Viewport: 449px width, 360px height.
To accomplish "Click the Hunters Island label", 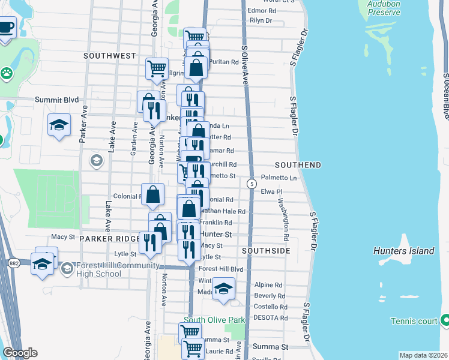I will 403,251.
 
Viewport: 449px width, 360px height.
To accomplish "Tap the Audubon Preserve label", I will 384,7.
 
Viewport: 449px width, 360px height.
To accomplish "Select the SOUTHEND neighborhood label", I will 298,165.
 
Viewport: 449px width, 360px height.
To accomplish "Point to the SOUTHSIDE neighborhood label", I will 266,250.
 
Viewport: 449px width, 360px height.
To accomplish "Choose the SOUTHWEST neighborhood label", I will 110,56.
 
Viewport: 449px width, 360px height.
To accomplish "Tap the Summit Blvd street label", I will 56,100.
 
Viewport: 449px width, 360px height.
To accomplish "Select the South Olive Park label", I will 214,320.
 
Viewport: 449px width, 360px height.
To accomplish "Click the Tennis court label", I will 414,322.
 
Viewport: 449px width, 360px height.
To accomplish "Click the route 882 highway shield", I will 14,263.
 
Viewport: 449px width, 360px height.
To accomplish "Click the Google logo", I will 19,353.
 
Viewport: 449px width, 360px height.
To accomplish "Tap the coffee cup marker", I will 5,28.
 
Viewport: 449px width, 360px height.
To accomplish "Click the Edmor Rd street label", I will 262,11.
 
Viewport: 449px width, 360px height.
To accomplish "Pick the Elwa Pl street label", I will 271,192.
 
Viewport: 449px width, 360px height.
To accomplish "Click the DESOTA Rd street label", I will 271,317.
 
